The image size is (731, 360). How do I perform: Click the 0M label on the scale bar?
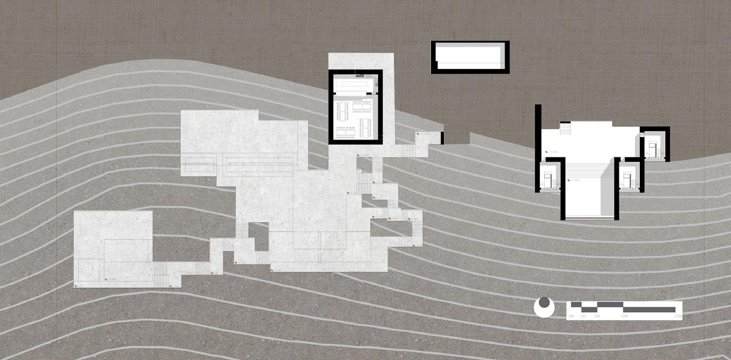(571, 315)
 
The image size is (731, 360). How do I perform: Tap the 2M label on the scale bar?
(582, 315)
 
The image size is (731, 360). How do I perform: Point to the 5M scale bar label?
(596, 315)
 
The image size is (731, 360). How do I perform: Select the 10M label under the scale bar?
(624, 315)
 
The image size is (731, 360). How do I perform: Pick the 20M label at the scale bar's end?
(678, 315)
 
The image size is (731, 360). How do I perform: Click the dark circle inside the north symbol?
(544, 302)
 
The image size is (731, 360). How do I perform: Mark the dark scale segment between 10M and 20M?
(651, 310)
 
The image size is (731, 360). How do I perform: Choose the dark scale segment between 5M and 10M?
(609, 304)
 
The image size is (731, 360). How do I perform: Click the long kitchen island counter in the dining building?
(355, 84)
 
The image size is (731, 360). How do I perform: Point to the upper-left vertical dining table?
(341, 111)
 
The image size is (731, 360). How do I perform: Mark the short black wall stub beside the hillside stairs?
(443, 138)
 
